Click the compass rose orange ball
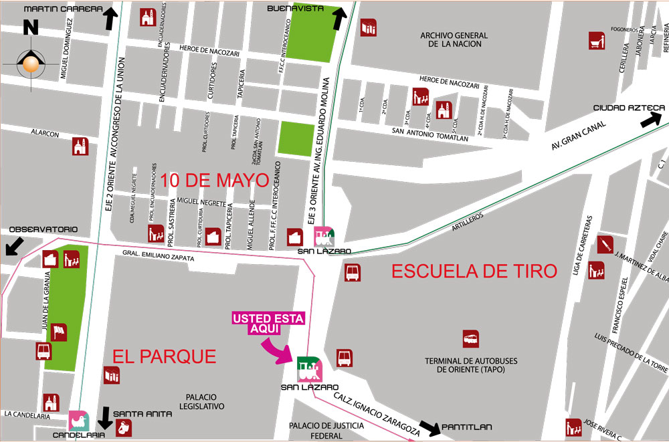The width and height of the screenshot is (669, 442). coord(29,64)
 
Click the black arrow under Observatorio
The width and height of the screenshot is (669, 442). coord(14,246)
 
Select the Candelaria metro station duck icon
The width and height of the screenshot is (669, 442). coord(79,420)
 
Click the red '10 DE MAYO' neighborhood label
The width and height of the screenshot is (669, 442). coord(214,180)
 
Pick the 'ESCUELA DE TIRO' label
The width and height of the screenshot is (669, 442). coord(474,271)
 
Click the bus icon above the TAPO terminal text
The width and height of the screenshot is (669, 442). coord(471,339)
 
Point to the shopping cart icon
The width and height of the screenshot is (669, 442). coord(597,41)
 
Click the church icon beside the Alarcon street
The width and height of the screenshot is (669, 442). coord(80,146)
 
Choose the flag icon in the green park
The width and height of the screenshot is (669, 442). coord(60,332)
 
